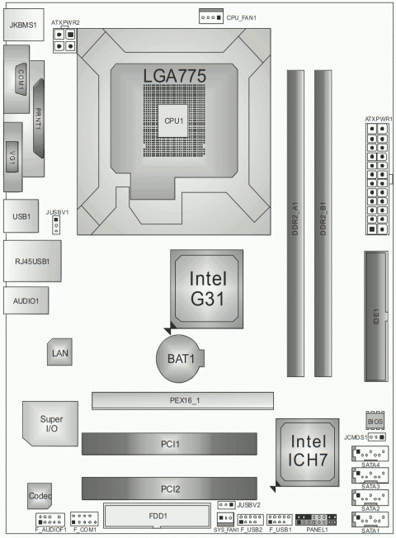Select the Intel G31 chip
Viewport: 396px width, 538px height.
(x=207, y=286)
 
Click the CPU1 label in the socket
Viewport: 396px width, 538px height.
(x=173, y=120)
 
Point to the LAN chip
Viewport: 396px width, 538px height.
(x=59, y=353)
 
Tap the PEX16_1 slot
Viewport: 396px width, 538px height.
(x=181, y=401)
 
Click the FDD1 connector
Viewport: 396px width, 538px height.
(x=158, y=517)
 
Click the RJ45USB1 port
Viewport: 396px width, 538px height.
(x=31, y=262)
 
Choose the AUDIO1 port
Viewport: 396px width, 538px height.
(x=26, y=301)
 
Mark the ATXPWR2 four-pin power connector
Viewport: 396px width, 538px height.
(x=64, y=40)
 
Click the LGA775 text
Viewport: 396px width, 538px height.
(x=173, y=75)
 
